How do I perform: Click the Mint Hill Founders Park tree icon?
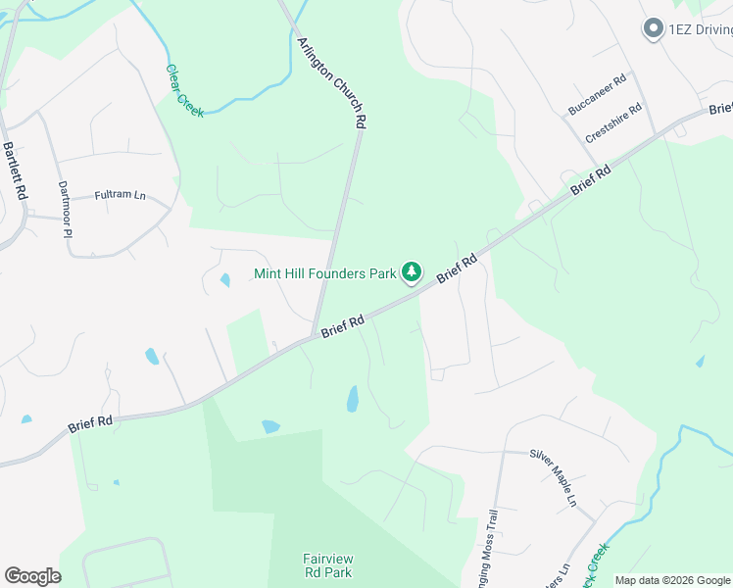[413, 271]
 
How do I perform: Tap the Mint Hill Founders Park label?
[324, 273]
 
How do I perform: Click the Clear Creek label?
[184, 91]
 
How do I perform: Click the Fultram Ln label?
[120, 196]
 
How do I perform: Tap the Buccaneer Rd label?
[597, 96]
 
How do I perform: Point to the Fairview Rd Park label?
[327, 565]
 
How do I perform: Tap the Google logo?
[32, 576]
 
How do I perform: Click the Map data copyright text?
[672, 580]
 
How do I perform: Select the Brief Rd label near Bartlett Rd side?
[90, 424]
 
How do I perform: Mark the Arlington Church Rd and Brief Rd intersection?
[314, 336]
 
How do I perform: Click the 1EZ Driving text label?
[701, 29]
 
